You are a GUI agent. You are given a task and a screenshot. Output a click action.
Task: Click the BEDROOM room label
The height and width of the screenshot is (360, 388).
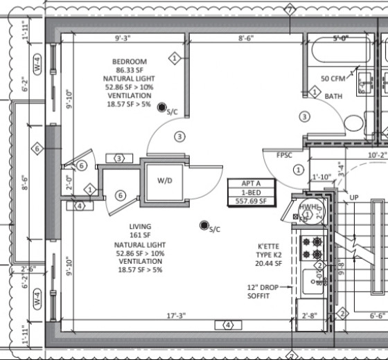coord(132,62)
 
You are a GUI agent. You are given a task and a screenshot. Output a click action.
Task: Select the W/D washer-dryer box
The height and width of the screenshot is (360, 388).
coord(164,181)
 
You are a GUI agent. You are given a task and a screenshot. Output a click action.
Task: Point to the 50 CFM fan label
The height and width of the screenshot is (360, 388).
coord(333,79)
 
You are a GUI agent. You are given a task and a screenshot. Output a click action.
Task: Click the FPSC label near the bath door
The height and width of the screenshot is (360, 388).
coord(284,156)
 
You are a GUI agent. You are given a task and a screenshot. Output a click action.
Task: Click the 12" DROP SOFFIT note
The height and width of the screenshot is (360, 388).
coord(261,291)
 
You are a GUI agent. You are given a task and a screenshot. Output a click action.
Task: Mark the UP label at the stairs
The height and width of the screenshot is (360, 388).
coord(354,198)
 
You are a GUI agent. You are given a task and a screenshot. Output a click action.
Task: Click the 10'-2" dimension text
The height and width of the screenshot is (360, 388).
coord(377,156)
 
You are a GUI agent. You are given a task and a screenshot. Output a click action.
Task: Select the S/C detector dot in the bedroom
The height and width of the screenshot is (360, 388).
coord(161,107)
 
